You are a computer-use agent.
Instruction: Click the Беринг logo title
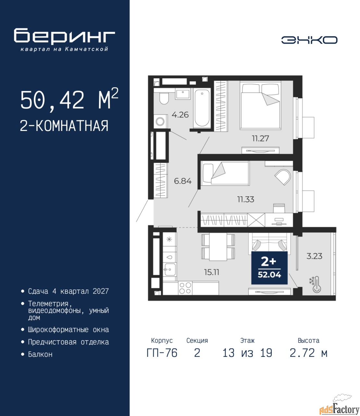point(64,36)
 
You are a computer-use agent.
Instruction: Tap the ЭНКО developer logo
point(309,40)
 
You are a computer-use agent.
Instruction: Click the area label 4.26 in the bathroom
point(180,115)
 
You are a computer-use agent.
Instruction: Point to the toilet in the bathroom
point(164,98)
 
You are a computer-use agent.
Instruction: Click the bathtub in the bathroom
point(202,108)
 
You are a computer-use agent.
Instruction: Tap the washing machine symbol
point(160,121)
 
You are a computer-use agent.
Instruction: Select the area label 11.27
point(260,138)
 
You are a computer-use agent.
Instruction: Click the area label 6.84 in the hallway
point(183,181)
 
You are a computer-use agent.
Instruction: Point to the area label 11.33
point(246,199)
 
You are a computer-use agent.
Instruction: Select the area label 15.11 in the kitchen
point(211,272)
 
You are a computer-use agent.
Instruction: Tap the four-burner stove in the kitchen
point(185,288)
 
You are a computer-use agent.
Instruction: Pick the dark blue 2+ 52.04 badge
point(269,268)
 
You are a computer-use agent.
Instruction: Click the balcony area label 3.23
point(314,256)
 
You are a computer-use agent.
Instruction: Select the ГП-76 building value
point(162,353)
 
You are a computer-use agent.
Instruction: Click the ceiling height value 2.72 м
point(308,353)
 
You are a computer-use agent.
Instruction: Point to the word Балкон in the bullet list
point(40,354)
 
